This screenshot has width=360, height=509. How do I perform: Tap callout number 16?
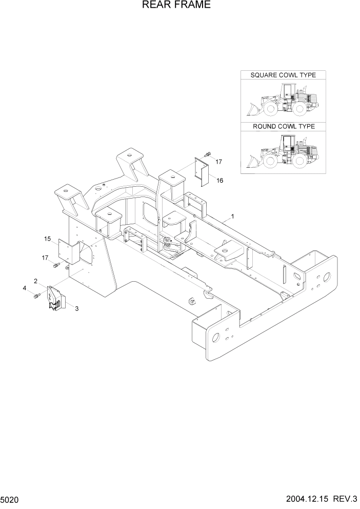tap(219, 181)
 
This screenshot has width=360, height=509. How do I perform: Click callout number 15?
tap(47, 239)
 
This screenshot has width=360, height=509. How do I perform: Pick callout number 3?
tap(77, 308)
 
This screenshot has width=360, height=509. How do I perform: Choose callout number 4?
tap(24, 288)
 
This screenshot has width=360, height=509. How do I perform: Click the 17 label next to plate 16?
tap(218, 162)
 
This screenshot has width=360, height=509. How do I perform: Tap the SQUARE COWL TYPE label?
tap(283, 75)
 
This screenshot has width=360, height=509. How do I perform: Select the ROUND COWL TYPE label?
tap(284, 126)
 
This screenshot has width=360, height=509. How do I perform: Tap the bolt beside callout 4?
tap(36, 296)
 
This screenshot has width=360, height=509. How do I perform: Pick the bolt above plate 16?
tap(207, 153)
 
